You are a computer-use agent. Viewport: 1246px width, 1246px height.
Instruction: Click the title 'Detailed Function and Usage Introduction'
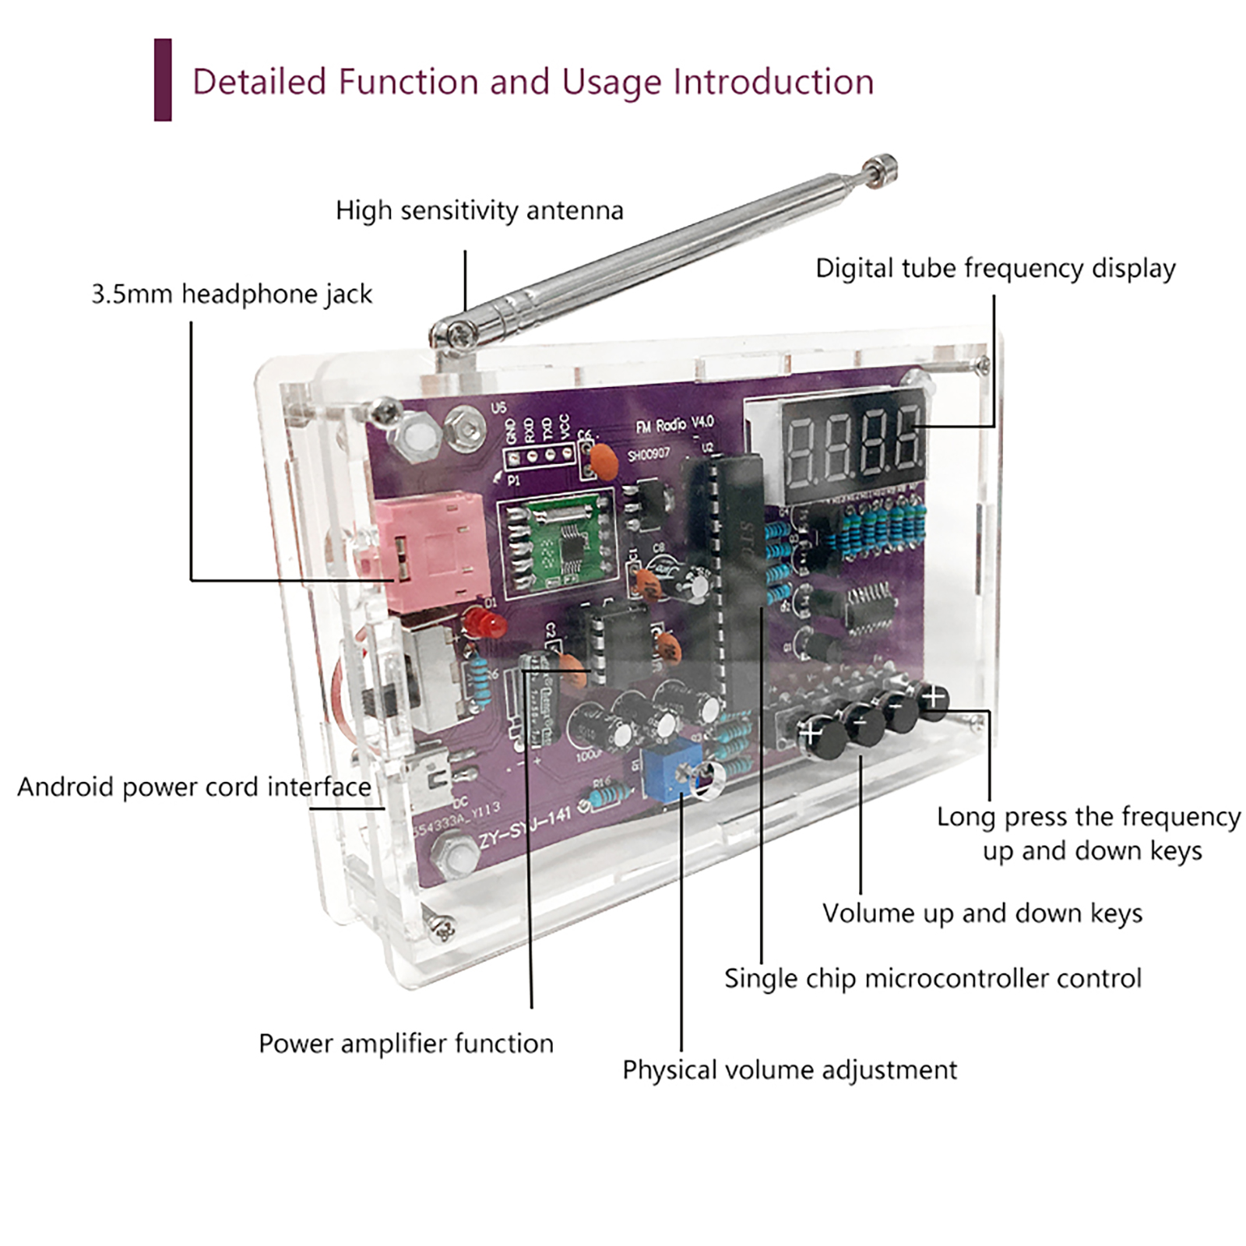533,82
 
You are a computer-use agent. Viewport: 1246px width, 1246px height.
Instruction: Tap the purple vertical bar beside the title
163,80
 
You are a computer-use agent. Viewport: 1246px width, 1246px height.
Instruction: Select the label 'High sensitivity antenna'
479,210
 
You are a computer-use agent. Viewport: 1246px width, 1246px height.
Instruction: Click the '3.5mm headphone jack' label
231,294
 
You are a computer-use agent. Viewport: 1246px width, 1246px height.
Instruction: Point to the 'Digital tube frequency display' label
994,269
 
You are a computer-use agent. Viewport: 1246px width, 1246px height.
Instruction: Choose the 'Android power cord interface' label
194,787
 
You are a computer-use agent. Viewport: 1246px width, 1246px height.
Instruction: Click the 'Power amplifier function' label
406,1044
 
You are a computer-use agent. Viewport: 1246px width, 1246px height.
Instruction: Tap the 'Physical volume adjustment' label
789,1070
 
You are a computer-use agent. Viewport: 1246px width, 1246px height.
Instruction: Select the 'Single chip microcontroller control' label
932,978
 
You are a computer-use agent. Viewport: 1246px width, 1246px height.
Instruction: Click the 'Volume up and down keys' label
982,913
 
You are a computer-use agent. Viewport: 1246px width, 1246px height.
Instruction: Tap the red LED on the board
484,624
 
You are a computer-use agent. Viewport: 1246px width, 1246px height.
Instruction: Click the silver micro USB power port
431,781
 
